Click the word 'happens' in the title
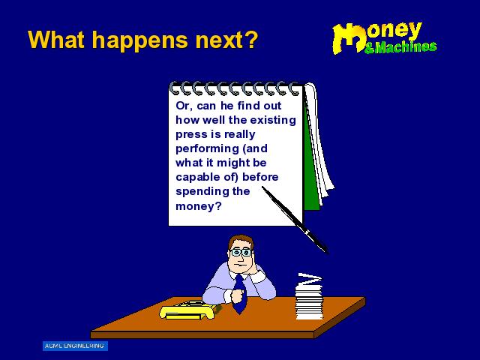[140, 40]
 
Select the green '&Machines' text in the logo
[400, 46]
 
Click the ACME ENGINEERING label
[75, 346]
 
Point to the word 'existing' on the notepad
[273, 120]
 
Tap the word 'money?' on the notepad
[198, 206]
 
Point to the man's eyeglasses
[241, 253]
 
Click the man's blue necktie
[240, 295]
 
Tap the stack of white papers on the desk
[309, 297]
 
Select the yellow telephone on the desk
[188, 310]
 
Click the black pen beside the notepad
[295, 220]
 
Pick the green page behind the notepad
[311, 172]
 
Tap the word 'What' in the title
[56, 39]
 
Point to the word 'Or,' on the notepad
[184, 106]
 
